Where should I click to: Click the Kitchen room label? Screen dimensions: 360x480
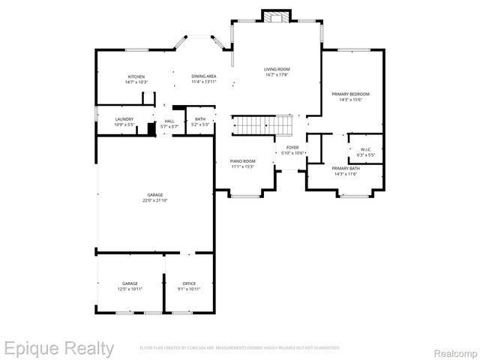point(136,76)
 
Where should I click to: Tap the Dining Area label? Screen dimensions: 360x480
point(204,76)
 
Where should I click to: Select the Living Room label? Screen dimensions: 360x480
point(277,69)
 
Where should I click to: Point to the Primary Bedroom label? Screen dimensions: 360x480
point(351,94)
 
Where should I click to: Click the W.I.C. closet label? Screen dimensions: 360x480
point(366,148)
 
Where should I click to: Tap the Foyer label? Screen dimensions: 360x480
point(292,147)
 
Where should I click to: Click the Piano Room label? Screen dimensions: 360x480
point(242,161)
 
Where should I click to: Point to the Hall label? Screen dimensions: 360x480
point(169,121)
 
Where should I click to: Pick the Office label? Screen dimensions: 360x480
point(189,283)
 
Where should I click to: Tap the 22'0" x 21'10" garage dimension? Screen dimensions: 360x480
point(154,200)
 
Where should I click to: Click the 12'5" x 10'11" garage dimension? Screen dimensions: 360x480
point(130,289)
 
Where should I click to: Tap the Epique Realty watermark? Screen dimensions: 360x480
point(58,348)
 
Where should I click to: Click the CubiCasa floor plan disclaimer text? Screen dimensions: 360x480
point(240,348)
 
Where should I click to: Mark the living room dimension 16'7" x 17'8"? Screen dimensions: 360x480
point(277,75)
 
